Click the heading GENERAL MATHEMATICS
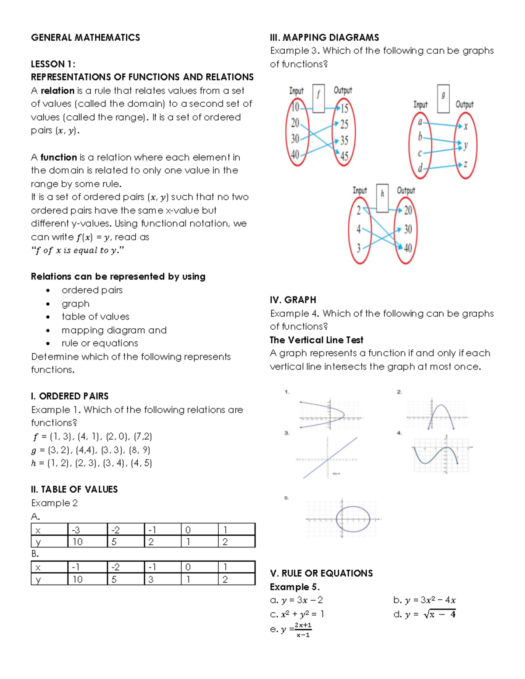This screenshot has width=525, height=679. coord(85,38)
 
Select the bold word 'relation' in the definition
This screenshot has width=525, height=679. coord(57,91)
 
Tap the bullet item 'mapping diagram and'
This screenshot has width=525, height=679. coord(114,330)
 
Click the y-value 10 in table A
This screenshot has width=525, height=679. coord(77,542)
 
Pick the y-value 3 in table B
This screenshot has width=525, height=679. coord(151,579)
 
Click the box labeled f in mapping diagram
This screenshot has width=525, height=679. coord(318,99)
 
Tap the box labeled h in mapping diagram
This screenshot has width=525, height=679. coord(382,198)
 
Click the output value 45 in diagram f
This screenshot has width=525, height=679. coord(344,156)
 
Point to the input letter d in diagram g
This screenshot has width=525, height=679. coord(420,168)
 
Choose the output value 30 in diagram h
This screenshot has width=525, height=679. coord(408,229)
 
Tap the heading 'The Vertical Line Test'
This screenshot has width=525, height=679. coord(316,340)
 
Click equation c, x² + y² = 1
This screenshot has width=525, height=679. coord(297,614)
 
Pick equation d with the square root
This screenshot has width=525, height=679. coord(424,614)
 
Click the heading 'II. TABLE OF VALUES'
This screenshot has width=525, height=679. coord(74,489)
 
